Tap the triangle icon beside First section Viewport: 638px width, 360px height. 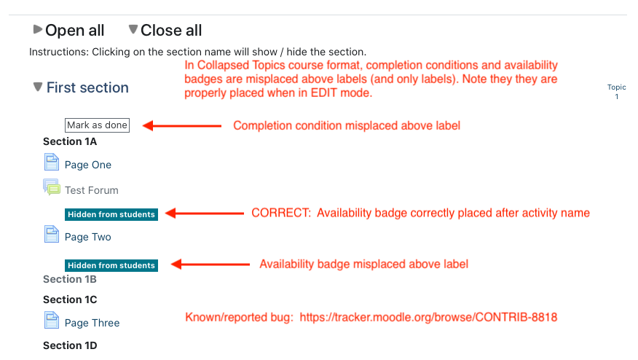point(38,87)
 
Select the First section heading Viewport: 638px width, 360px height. point(87,87)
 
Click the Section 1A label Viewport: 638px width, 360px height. point(70,141)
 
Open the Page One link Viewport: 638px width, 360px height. point(88,165)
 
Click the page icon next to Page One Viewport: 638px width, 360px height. point(51,162)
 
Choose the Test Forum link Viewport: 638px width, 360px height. point(92,190)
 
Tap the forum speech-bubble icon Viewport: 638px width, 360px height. point(52,187)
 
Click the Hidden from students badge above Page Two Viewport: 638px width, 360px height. point(111,214)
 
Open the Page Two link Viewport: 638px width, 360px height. point(88,237)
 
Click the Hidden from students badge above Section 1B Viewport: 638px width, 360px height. point(111,265)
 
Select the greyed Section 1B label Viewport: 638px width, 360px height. point(70,279)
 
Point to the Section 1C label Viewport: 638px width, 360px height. point(70,300)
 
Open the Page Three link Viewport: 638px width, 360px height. point(92,323)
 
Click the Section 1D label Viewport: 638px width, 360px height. point(70,345)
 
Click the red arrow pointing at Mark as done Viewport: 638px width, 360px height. point(182,126)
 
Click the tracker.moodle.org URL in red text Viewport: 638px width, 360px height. point(428,318)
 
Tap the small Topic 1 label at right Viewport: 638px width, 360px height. point(616,92)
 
